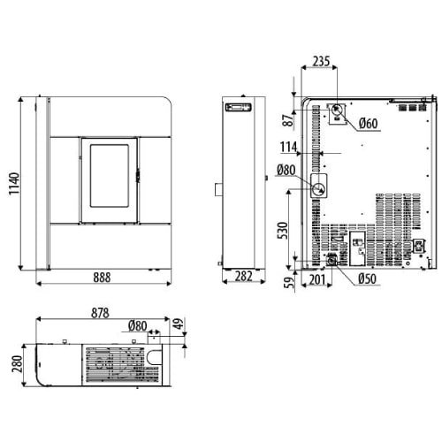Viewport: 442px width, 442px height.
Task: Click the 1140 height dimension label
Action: coord(14,184)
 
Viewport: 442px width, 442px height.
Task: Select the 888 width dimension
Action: coord(102,278)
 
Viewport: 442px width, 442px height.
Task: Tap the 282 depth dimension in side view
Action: coord(244,277)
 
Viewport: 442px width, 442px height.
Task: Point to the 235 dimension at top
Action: coord(321,61)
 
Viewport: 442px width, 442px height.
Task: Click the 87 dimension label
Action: coord(288,120)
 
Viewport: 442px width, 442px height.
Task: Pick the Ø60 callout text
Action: coord(369,123)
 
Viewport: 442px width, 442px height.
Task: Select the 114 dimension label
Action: coord(288,147)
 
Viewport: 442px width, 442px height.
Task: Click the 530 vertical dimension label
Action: coord(282,231)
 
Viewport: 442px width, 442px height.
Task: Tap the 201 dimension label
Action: coord(317,279)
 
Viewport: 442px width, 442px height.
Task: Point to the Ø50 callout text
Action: coord(368,278)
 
